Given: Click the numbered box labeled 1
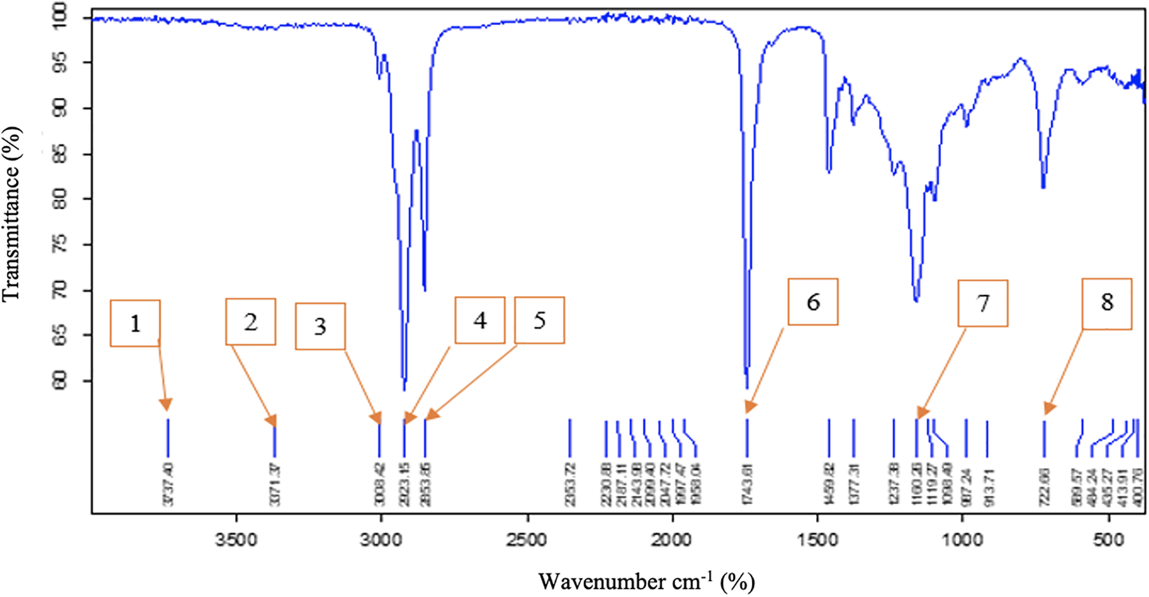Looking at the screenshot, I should (x=135, y=323).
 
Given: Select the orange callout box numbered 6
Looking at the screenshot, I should (x=813, y=301).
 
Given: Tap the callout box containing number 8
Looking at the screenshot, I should (x=1107, y=303).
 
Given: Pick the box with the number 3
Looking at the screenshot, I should (x=320, y=326).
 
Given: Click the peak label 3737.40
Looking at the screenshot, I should (x=168, y=484).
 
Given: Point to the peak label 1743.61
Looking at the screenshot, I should (x=747, y=484).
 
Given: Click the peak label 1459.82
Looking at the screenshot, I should (x=829, y=484).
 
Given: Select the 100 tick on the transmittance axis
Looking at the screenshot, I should (x=59, y=18).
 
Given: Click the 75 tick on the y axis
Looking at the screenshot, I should (x=59, y=245).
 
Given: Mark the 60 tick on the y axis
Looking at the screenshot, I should (x=59, y=381).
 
